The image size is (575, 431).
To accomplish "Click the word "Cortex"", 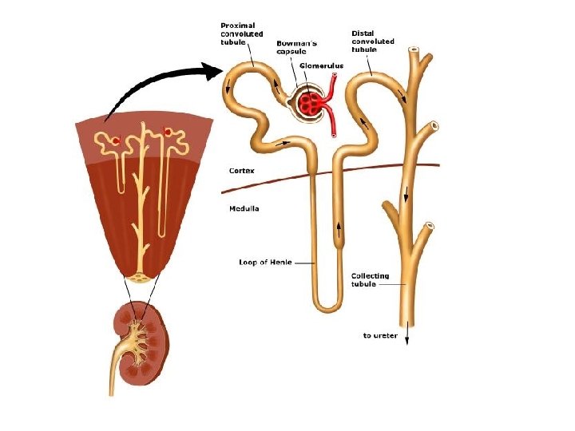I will (x=243, y=170).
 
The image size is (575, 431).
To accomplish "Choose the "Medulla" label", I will (x=244, y=209).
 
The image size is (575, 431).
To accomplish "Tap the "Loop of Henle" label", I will (x=264, y=263).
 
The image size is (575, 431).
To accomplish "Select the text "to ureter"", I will (x=380, y=335).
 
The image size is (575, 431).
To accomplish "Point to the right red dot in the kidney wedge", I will (x=167, y=131).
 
